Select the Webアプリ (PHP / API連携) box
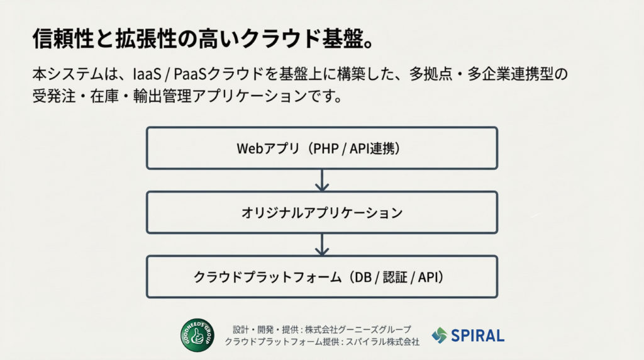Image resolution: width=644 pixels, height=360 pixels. tap(322, 148)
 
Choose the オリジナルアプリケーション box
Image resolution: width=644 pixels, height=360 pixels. tap(322, 213)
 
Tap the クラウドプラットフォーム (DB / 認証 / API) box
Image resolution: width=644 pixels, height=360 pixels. tap(322, 277)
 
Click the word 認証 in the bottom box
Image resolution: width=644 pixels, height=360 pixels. tap(395, 277)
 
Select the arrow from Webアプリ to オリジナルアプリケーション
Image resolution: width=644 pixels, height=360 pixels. tap(322, 181)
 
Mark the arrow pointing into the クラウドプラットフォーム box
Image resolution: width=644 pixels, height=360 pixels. tap(322, 245)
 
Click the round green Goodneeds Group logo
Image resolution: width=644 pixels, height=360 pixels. tap(197, 335)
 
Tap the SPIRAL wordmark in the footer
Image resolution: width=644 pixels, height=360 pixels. tap(477, 335)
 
